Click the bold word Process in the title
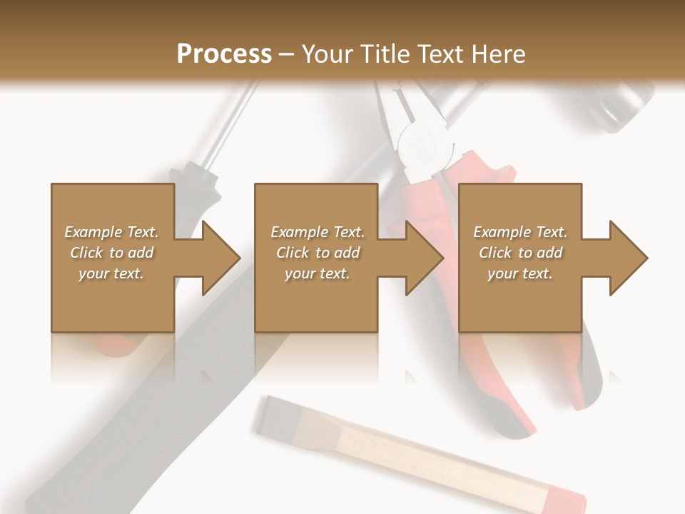(x=224, y=54)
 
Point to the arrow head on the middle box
(x=424, y=258)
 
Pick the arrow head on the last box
(x=628, y=258)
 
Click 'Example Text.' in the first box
(x=111, y=232)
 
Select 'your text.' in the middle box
(x=317, y=273)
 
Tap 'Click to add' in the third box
(x=520, y=253)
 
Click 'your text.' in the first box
(x=111, y=273)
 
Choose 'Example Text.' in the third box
(x=520, y=232)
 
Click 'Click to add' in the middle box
(x=317, y=253)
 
